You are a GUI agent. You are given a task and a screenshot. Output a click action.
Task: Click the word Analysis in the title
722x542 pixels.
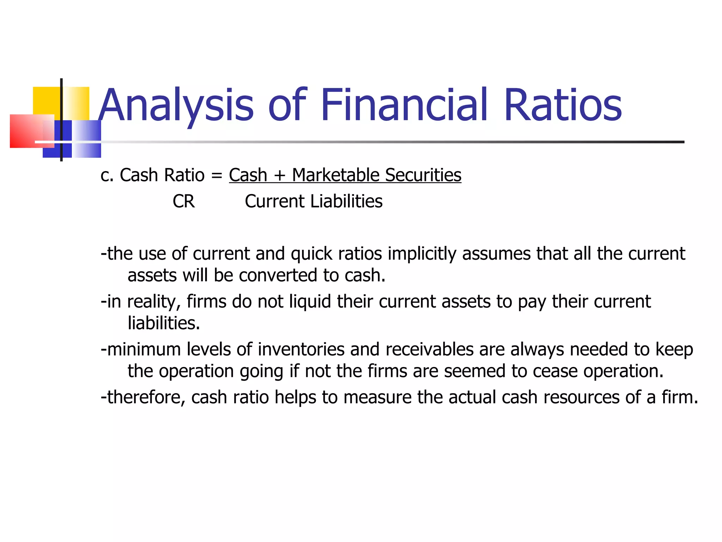176,105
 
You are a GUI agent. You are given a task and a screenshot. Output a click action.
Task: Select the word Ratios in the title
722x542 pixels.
563,105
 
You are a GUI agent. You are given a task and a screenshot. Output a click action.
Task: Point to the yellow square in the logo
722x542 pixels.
46,101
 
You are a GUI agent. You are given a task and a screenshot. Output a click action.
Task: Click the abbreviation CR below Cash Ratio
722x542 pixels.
184,201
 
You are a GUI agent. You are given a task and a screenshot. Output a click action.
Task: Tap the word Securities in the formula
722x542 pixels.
423,175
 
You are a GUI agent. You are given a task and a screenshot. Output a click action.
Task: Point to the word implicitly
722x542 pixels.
422,254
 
